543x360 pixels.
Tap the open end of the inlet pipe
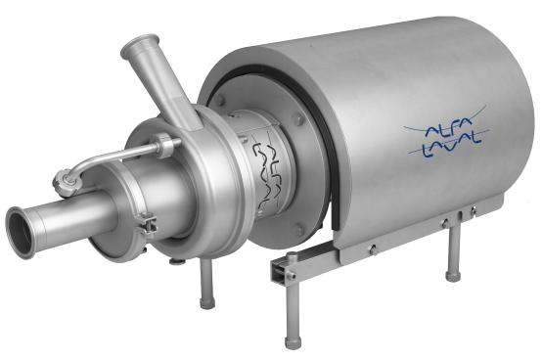click(x=22, y=231)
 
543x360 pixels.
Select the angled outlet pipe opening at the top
click(x=141, y=48)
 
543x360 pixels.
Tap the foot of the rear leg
click(x=453, y=277)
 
